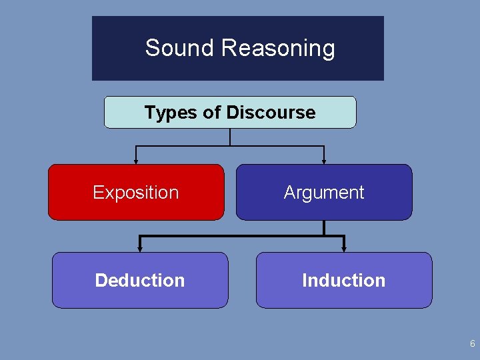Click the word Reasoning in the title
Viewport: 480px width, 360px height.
click(278, 49)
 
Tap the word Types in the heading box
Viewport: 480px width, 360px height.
click(171, 112)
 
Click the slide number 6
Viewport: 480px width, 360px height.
click(472, 344)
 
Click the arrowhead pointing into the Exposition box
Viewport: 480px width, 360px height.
click(136, 161)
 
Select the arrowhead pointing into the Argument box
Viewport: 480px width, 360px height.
click(324, 161)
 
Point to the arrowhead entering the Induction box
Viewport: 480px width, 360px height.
click(344, 249)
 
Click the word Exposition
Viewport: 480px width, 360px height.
click(136, 193)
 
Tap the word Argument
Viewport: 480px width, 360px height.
click(324, 193)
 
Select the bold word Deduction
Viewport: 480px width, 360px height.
click(140, 280)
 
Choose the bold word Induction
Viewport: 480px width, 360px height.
click(344, 280)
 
